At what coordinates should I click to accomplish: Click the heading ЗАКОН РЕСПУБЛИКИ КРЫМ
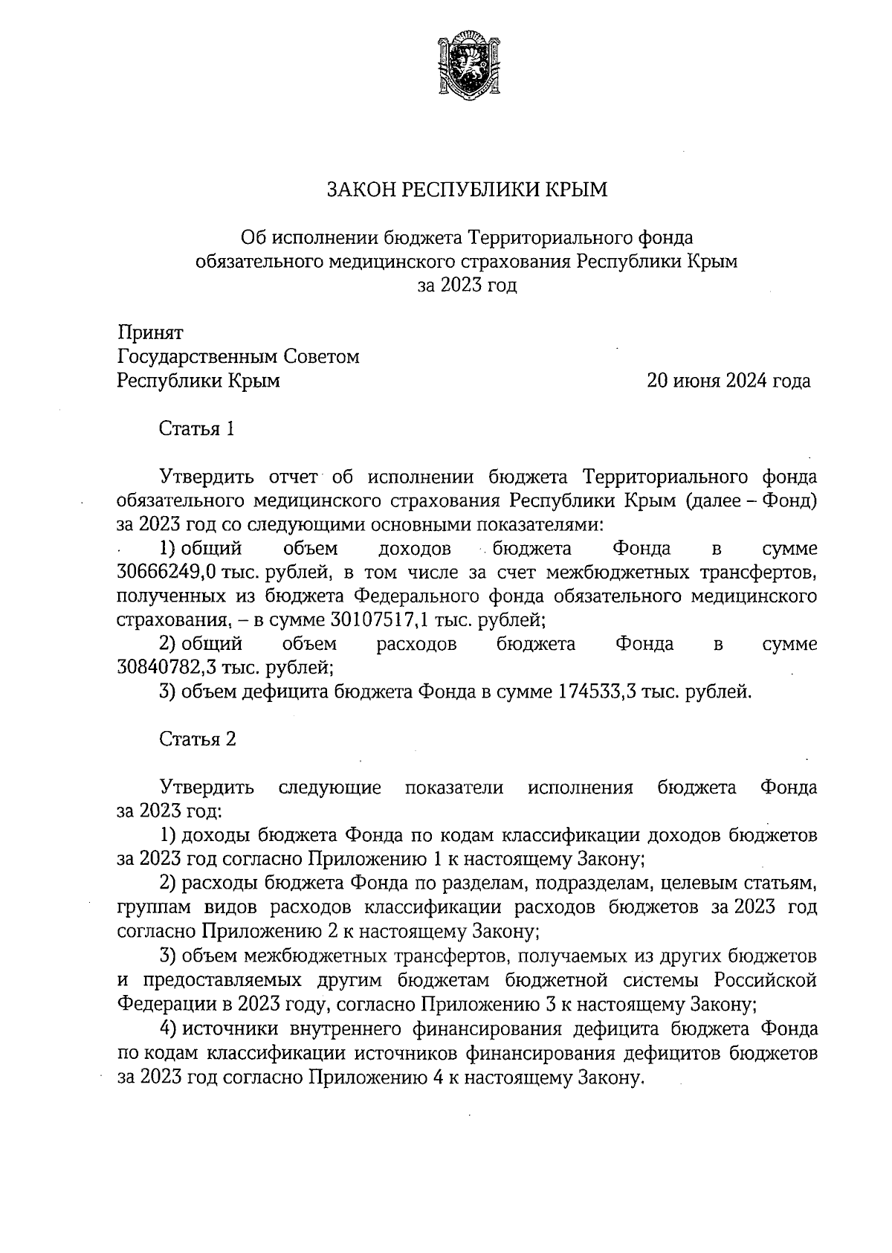coord(468,190)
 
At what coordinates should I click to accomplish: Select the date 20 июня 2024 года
coord(728,381)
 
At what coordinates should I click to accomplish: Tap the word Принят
coord(151,332)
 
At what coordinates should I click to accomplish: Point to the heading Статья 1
coord(197,429)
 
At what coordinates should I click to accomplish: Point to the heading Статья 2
coord(197,739)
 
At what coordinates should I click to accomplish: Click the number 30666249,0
coord(167,573)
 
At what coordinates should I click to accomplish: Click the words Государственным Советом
coord(238,357)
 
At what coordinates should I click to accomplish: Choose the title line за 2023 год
coord(468,286)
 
